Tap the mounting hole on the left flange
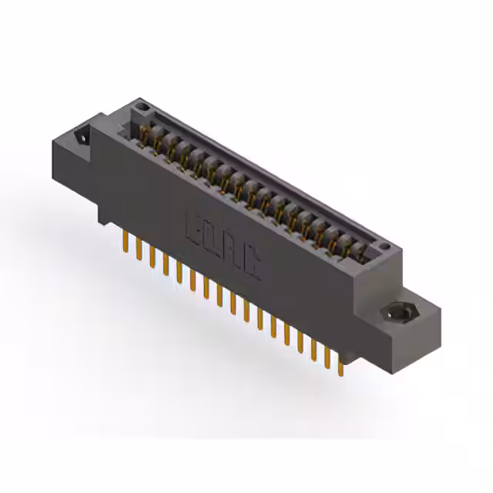81,137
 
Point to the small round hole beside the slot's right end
385,247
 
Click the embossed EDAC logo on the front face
223,244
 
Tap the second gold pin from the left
139,251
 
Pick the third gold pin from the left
152,258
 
